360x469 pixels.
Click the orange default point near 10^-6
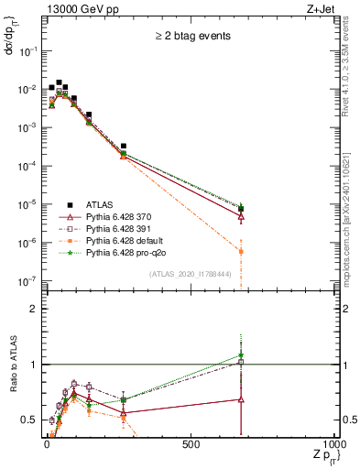(240, 251)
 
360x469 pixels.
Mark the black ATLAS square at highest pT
(240, 210)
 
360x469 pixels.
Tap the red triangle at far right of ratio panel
(240, 399)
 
